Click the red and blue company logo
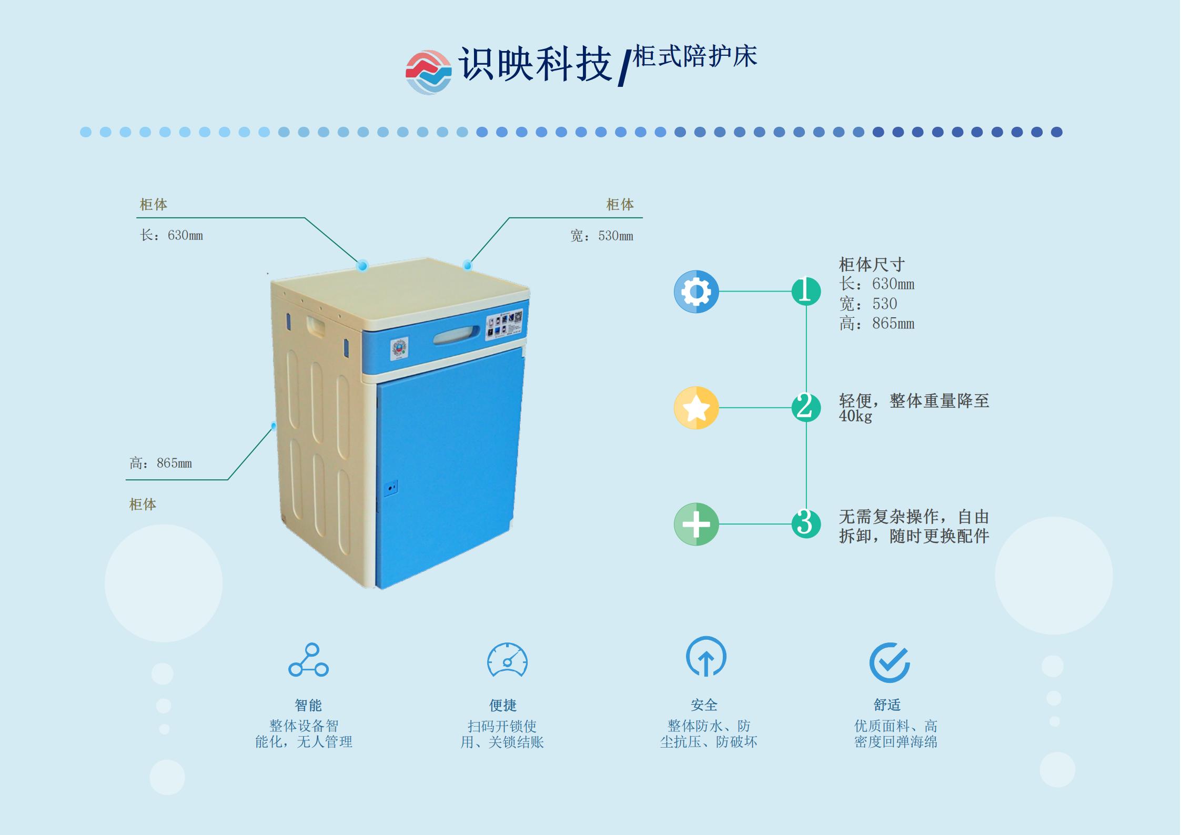coord(428,72)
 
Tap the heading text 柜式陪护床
coord(694,57)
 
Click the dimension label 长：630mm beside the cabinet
coord(171,235)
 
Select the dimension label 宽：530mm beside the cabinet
coord(602,236)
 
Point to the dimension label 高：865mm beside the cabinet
coord(161,463)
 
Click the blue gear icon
coord(696,291)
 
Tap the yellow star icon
coord(696,408)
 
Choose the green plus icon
coord(696,524)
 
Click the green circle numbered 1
coord(806,291)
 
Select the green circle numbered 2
coord(806,407)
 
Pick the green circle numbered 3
coord(806,524)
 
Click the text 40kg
coord(855,416)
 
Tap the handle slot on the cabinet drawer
coord(457,335)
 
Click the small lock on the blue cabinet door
coord(390,488)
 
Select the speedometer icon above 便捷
coord(507,660)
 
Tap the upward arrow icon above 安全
coord(706,657)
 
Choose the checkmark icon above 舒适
coord(889,662)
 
